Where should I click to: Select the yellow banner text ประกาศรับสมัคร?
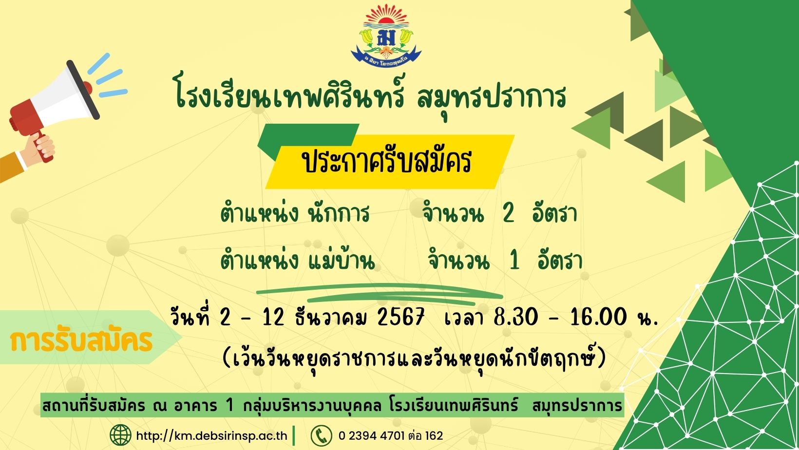pos(387,162)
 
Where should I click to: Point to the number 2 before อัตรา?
pos(508,214)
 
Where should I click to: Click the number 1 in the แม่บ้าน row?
pos(514,260)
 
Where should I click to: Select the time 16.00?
pos(599,317)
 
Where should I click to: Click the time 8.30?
pos(515,317)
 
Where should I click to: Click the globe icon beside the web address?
pos(120,435)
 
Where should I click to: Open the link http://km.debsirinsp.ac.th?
pos(211,436)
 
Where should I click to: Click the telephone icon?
pos(322,435)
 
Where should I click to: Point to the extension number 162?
pos(434,436)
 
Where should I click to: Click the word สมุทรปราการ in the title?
pos(491,98)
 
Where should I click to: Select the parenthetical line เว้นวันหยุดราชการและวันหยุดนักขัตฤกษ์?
pos(414,357)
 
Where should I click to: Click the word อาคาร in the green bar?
pos(195,406)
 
